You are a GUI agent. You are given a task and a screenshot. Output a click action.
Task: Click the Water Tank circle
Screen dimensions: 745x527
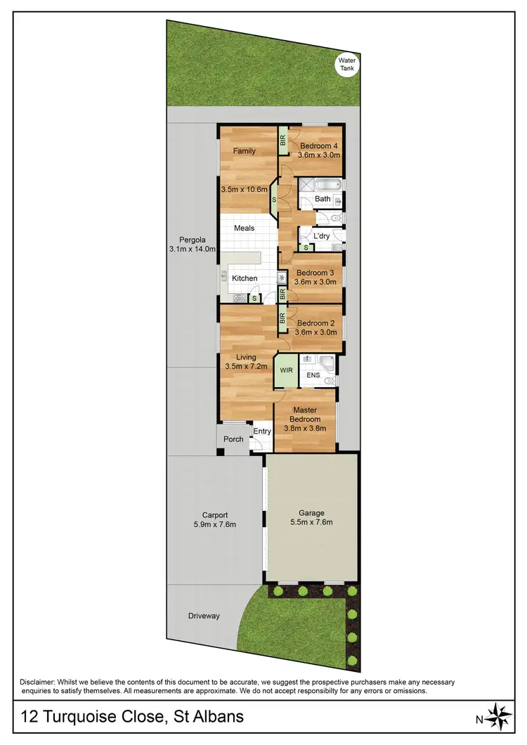pyautogui.click(x=348, y=64)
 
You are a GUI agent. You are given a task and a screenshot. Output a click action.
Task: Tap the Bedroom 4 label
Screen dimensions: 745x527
pyautogui.click(x=315, y=146)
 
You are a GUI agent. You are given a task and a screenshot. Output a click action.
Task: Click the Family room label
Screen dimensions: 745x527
pyautogui.click(x=245, y=151)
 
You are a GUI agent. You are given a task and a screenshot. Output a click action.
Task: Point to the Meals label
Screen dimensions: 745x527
pyautogui.click(x=244, y=228)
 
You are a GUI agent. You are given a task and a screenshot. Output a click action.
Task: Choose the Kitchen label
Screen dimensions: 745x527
pyautogui.click(x=245, y=278)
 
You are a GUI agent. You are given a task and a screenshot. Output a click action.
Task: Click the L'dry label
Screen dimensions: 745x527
pyautogui.click(x=322, y=236)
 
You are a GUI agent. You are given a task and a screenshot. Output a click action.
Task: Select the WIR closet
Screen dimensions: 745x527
pyautogui.click(x=286, y=370)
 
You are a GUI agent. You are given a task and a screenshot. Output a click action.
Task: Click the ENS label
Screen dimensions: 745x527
pyautogui.click(x=313, y=375)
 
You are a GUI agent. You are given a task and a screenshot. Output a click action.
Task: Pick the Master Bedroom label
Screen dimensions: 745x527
pyautogui.click(x=304, y=415)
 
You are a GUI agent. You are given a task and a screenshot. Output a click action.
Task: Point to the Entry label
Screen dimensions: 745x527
pyautogui.click(x=262, y=432)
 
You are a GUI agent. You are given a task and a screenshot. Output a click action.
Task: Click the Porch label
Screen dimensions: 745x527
pyautogui.click(x=233, y=439)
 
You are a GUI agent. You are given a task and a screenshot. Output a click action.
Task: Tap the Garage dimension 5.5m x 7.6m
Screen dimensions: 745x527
pyautogui.click(x=310, y=523)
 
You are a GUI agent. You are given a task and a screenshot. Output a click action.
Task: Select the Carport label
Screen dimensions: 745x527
pyautogui.click(x=215, y=515)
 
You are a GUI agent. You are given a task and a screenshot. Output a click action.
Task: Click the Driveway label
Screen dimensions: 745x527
pyautogui.click(x=204, y=616)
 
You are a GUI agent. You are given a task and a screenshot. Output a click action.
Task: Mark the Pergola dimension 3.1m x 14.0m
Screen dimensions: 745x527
pyautogui.click(x=192, y=249)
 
